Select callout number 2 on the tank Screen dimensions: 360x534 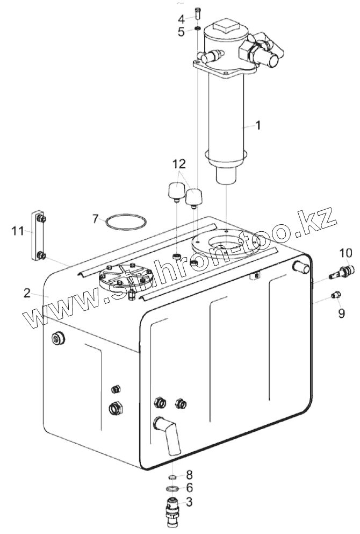[x=27, y=293]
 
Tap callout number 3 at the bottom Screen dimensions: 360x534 [x=189, y=502]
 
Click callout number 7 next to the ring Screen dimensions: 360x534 [x=95, y=219]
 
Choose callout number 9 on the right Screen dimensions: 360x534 [x=342, y=313]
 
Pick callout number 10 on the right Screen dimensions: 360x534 [x=345, y=252]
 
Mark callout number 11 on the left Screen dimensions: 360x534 [x=18, y=231]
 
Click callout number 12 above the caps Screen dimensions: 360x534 [x=179, y=163]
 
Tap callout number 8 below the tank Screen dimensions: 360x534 [x=189, y=475]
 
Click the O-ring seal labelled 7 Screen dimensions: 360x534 [x=126, y=222]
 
